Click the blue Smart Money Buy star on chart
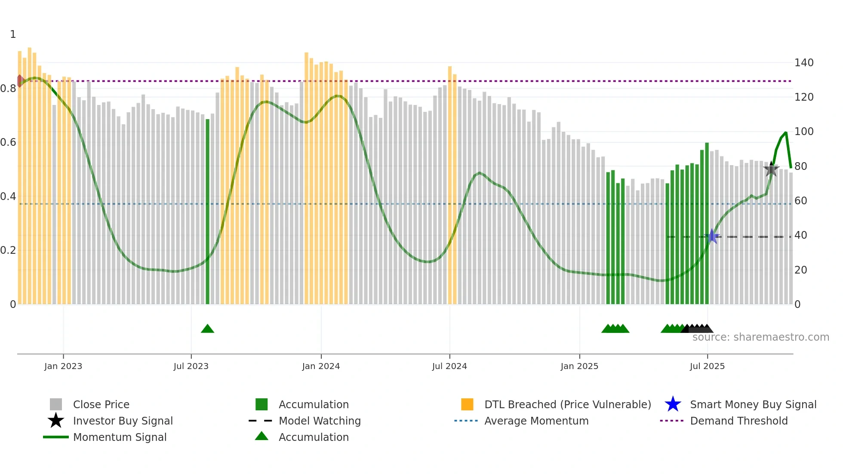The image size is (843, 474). click(712, 237)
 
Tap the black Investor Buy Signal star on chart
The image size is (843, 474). click(771, 169)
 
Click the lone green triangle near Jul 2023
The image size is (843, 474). click(207, 329)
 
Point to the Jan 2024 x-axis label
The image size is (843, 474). click(321, 366)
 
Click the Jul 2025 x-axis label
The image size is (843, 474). click(707, 366)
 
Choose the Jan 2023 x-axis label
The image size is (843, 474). click(63, 366)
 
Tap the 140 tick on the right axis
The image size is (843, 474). click(803, 63)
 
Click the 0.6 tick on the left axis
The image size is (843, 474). click(8, 142)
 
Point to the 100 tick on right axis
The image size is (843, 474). click(803, 132)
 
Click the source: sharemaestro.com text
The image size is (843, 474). click(760, 337)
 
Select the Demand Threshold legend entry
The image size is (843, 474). click(738, 421)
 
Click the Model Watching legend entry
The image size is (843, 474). click(320, 421)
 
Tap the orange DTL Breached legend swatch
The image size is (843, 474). click(467, 404)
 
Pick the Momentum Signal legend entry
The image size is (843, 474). click(120, 437)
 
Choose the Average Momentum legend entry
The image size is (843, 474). click(536, 421)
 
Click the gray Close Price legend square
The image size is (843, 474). click(56, 404)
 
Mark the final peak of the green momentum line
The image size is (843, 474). click(786, 132)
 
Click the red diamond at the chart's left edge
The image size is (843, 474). click(20, 81)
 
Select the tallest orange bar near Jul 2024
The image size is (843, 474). click(450, 185)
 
